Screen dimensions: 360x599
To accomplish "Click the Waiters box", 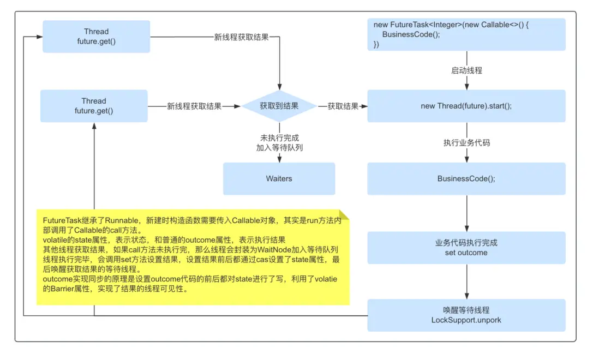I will [279, 178].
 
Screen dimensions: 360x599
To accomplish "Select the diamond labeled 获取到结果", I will [279, 106].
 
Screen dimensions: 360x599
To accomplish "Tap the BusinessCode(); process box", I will [466, 178].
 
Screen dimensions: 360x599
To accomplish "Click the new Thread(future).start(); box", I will [466, 106].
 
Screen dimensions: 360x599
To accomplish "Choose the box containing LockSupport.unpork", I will [466, 315].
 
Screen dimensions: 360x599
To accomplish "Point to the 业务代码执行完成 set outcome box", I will [466, 248].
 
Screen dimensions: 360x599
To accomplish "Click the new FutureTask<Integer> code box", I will [466, 34].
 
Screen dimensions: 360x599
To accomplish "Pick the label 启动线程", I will [466, 70].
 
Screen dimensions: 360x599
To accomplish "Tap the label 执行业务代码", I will [466, 143].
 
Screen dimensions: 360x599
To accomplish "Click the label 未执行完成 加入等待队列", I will [279, 143].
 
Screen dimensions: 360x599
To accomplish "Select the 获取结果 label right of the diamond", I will [343, 106].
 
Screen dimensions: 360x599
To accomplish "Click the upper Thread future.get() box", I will [96, 37].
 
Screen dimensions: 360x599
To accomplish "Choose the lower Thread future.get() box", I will [94, 106].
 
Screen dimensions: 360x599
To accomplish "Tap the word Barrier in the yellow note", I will [65, 289].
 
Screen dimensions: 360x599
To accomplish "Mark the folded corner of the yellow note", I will [344, 215].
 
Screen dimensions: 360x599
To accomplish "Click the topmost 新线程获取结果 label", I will [241, 37].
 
